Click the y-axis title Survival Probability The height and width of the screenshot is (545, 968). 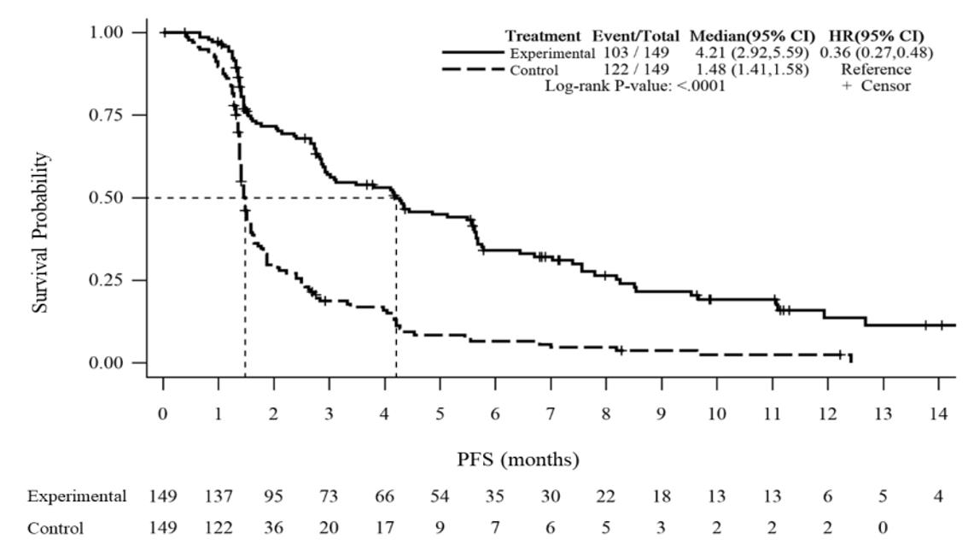[x=41, y=232]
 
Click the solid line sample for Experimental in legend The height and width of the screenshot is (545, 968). [x=474, y=53]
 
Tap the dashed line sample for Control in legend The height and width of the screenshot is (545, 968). [x=474, y=70]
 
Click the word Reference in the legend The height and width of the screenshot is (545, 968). [x=876, y=70]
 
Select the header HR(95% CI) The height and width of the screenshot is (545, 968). [x=876, y=37]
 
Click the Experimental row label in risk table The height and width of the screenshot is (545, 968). [x=77, y=496]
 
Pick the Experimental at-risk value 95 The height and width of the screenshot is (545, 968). [x=273, y=496]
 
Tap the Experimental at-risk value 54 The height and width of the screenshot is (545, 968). [x=440, y=496]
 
